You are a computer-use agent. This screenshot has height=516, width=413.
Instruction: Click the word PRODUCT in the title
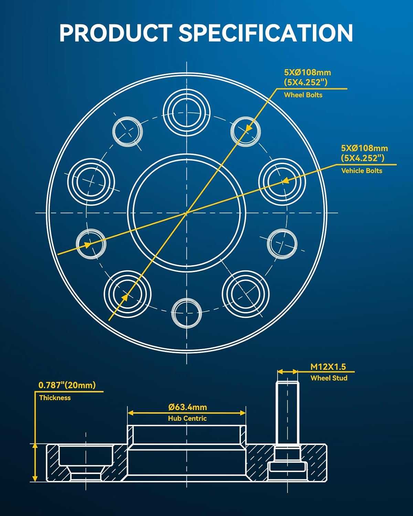coord(115,33)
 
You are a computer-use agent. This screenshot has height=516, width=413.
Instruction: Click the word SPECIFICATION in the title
coord(265,33)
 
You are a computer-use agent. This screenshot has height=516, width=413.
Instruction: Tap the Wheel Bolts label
coord(303,95)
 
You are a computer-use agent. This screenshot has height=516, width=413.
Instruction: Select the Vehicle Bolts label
coord(361,171)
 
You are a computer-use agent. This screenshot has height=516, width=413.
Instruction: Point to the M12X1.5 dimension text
coord(328,367)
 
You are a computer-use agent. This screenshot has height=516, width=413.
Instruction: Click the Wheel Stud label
coord(329,378)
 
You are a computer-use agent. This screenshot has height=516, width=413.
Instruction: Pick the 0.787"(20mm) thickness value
coord(67,385)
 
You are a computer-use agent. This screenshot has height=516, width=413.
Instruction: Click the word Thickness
coord(55,398)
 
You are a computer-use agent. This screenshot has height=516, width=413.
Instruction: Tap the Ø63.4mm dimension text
coord(188,407)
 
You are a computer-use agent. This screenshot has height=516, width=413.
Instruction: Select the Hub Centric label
coord(187,418)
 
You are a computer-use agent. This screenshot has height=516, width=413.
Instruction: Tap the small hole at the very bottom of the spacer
coord(187,313)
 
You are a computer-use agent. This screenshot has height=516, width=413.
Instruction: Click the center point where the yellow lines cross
coord(187,213)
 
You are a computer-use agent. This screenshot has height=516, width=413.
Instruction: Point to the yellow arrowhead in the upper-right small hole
coord(248,128)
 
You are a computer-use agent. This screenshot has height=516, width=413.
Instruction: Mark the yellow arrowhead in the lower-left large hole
coord(125,296)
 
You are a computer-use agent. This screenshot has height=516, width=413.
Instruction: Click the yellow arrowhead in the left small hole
coord(87,245)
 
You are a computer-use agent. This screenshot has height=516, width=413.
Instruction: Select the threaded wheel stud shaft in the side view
coord(287,413)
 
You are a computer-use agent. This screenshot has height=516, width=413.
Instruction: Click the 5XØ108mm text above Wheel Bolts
coord(307,73)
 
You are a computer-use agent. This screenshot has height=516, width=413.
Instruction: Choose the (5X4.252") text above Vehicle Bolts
coord(362,158)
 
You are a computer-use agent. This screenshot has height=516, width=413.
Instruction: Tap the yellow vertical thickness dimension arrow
coord(35,462)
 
